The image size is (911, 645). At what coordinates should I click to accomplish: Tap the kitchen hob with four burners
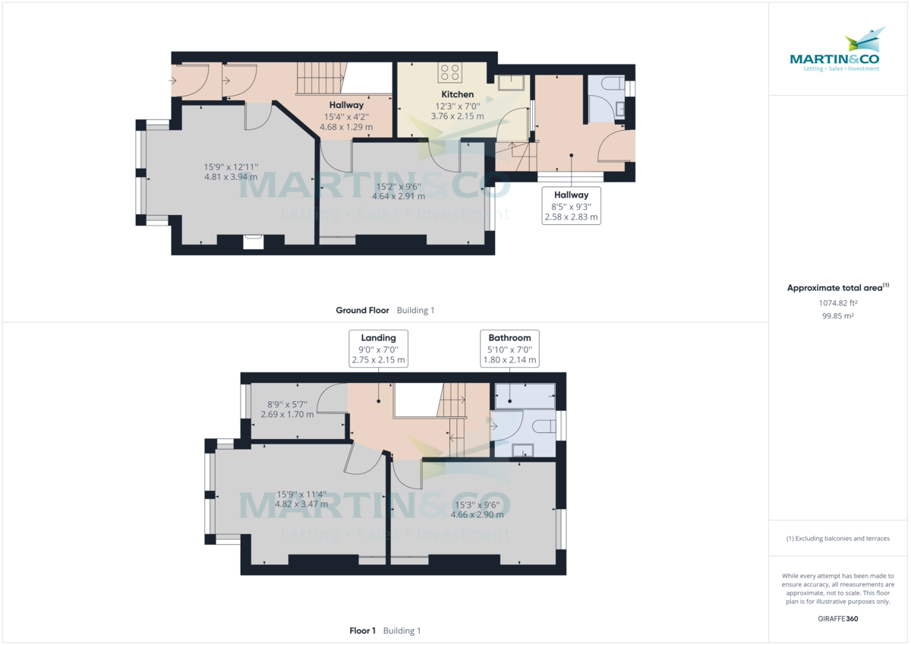[x=449, y=72]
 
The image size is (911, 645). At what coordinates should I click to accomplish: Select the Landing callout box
[x=378, y=349]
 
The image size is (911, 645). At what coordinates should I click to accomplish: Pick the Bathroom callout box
[x=509, y=349]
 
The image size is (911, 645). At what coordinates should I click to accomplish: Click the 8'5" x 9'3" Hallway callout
[x=571, y=206]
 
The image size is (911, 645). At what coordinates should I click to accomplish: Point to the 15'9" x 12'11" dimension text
[x=232, y=172]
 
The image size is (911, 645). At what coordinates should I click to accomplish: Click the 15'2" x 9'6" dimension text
[x=399, y=191]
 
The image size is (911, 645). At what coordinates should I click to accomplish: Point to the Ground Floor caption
[x=362, y=310]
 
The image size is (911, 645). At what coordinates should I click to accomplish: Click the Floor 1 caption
[x=362, y=631]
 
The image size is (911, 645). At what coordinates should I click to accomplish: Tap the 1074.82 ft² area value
[x=837, y=302]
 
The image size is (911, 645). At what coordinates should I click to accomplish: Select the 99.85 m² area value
[x=837, y=315]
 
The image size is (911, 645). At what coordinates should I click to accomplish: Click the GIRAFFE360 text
[x=837, y=618]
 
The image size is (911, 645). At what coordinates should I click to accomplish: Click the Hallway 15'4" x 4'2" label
[x=346, y=115]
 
